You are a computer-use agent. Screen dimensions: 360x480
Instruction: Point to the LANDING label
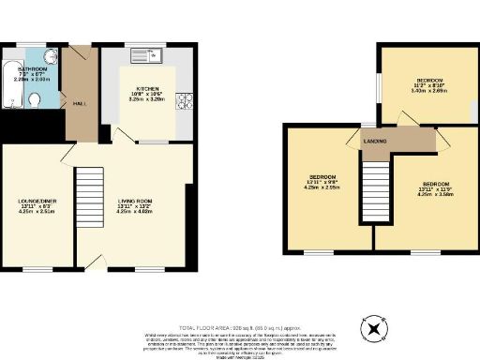click(x=376, y=142)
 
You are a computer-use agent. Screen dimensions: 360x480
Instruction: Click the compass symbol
click(x=375, y=328)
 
